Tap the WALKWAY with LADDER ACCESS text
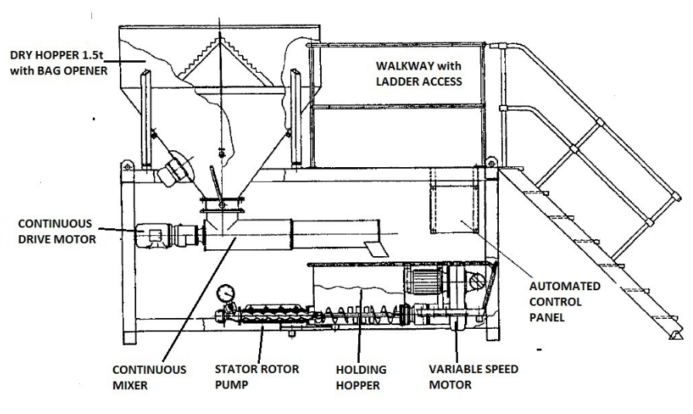click(x=418, y=74)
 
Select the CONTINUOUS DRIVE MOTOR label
click(x=56, y=231)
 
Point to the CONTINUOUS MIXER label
click(x=149, y=378)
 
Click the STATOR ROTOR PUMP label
click(x=257, y=377)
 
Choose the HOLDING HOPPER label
click(x=360, y=378)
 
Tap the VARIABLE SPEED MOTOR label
click(x=473, y=377)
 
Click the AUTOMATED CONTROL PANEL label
click(x=565, y=302)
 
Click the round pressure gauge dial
click(x=226, y=293)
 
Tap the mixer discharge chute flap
click(x=376, y=248)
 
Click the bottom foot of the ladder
click(x=675, y=335)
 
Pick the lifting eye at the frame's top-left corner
click(x=128, y=166)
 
